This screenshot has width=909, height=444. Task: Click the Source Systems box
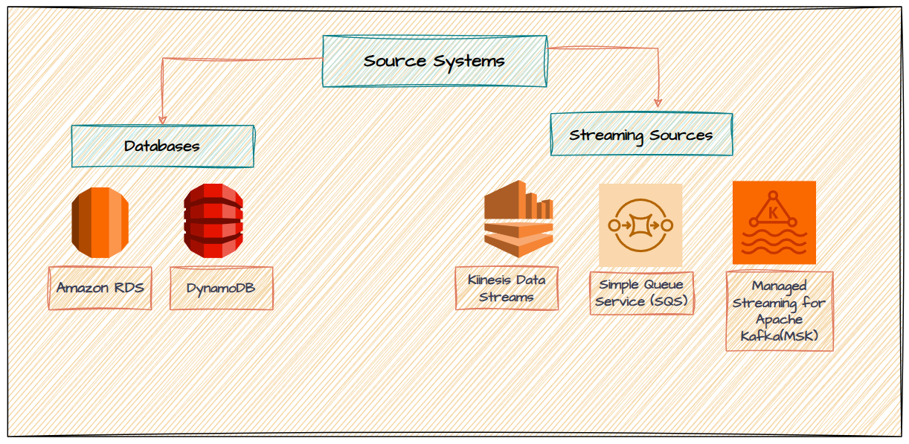coord(434,61)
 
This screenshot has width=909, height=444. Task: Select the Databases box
coord(162,146)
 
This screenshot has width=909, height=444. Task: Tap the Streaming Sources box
coord(641,135)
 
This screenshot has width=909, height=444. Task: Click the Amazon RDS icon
coord(100,222)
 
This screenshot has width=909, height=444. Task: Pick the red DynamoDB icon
coord(213,221)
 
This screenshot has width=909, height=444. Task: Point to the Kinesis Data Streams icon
coord(518,219)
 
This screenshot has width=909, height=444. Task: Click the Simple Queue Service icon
coord(640,225)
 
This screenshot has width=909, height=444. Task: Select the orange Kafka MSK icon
coord(774,222)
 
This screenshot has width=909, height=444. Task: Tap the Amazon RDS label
coord(100,288)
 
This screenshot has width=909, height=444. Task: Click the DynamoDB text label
coord(221,288)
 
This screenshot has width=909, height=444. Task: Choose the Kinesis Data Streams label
coord(507,289)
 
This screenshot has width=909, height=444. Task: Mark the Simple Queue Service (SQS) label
coord(641,293)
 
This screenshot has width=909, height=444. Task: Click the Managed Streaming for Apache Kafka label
coord(779,311)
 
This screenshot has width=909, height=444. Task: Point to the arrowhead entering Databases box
coord(162,120)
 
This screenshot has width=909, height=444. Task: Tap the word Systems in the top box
coord(474,61)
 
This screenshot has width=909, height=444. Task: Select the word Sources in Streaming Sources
coord(681,135)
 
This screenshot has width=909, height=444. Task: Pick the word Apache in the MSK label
coord(779,320)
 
